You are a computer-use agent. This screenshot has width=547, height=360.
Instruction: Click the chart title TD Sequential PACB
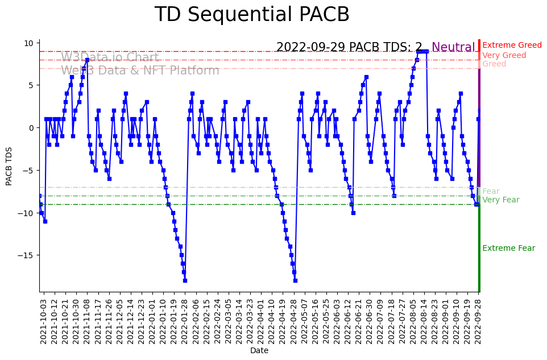[252, 15]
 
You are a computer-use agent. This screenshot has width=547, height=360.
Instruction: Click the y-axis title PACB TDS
[9, 165]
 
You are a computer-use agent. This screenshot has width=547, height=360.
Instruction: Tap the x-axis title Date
[259, 351]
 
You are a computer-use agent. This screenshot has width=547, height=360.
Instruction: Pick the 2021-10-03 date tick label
[43, 321]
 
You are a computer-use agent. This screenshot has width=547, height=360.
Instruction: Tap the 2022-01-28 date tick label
[185, 321]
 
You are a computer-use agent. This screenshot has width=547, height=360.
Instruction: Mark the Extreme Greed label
[512, 45]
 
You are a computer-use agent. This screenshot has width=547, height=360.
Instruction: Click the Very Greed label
[504, 56]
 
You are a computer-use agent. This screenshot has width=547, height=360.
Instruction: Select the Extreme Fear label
[508, 249]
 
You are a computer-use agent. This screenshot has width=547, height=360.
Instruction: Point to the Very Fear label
[500, 200]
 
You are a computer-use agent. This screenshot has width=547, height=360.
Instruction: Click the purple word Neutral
[453, 48]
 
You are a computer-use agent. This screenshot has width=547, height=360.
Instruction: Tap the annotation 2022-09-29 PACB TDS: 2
[349, 48]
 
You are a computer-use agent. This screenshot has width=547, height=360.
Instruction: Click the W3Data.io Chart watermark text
[110, 58]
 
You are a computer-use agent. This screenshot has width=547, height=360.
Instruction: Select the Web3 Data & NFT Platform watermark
[140, 71]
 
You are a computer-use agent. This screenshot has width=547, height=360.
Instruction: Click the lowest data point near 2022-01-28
[185, 280]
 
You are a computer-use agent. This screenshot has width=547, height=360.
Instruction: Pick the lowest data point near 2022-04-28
[295, 280]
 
